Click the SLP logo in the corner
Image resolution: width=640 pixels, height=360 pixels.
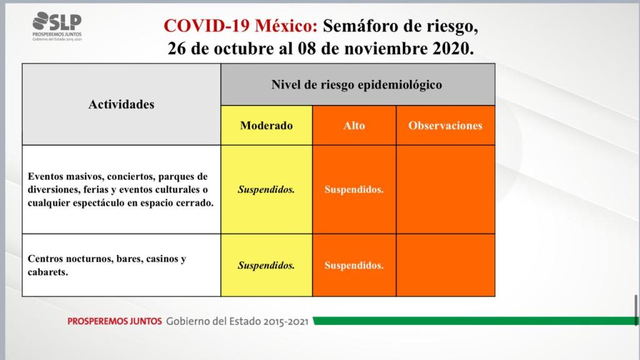click(x=57, y=26)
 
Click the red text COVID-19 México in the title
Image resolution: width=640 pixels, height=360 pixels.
click(x=241, y=26)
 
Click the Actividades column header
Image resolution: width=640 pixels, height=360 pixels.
click(x=122, y=104)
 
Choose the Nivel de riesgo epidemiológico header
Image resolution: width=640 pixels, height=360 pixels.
click(x=357, y=84)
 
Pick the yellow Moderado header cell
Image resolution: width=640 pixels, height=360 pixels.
click(x=266, y=125)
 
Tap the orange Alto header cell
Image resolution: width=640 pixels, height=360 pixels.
click(x=354, y=125)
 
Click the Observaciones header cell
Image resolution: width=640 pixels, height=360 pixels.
click(x=445, y=125)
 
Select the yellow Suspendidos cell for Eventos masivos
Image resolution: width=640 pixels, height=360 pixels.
click(x=266, y=189)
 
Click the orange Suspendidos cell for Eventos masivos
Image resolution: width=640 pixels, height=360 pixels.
click(x=354, y=189)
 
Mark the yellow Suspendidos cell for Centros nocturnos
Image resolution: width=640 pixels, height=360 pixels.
click(x=266, y=265)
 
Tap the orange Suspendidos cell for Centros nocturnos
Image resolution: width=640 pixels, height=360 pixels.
click(x=354, y=265)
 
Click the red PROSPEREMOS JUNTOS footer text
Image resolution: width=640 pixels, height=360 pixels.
click(x=115, y=321)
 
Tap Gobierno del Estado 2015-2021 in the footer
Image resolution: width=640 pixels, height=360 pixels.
click(x=237, y=321)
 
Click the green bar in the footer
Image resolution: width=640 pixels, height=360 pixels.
click(x=475, y=321)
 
